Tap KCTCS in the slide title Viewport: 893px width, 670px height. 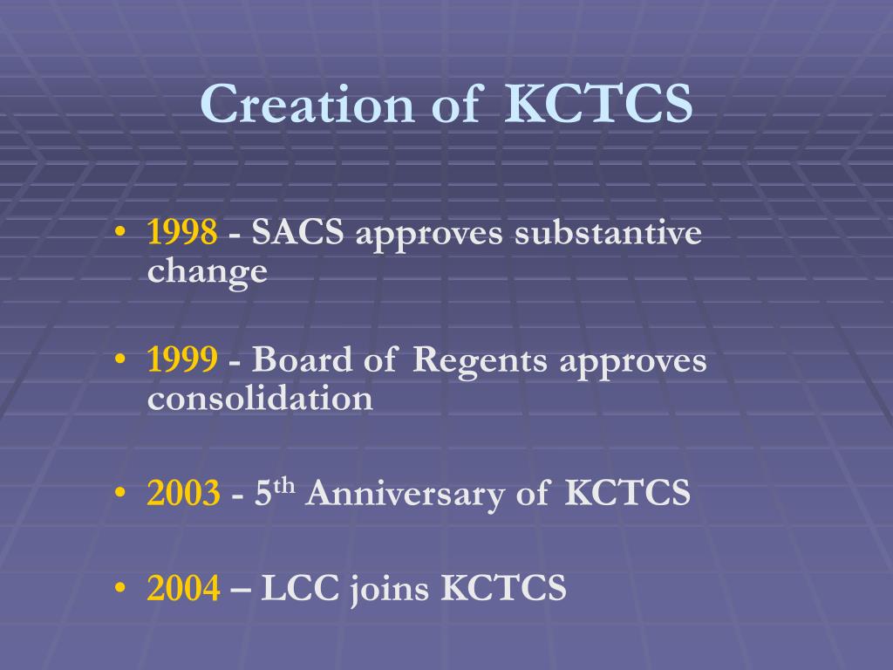click(x=599, y=105)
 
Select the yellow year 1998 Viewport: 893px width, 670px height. click(x=182, y=234)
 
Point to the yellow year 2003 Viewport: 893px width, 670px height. click(x=183, y=495)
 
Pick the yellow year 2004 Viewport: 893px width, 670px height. click(x=183, y=589)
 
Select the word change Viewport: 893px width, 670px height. click(x=207, y=272)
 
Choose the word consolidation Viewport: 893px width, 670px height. click(x=260, y=399)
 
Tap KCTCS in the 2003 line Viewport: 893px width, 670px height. click(x=627, y=495)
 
